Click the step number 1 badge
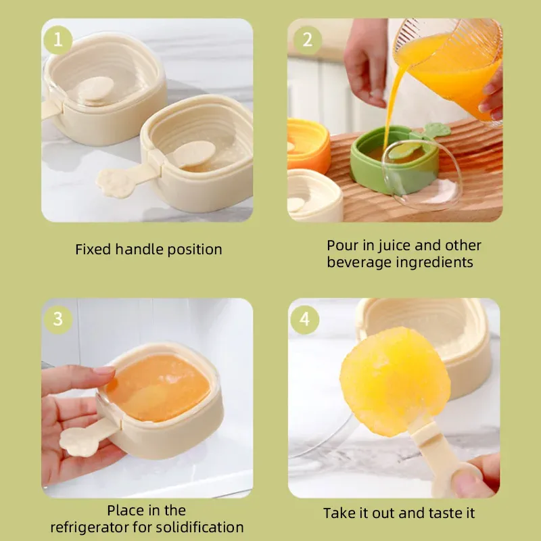[58, 40]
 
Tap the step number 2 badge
[308, 40]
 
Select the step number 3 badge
[58, 319]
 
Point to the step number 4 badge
[305, 319]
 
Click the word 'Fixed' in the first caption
[93, 249]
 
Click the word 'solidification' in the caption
[199, 527]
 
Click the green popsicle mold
[394, 160]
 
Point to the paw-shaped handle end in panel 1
[113, 183]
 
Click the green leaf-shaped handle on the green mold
[436, 131]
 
